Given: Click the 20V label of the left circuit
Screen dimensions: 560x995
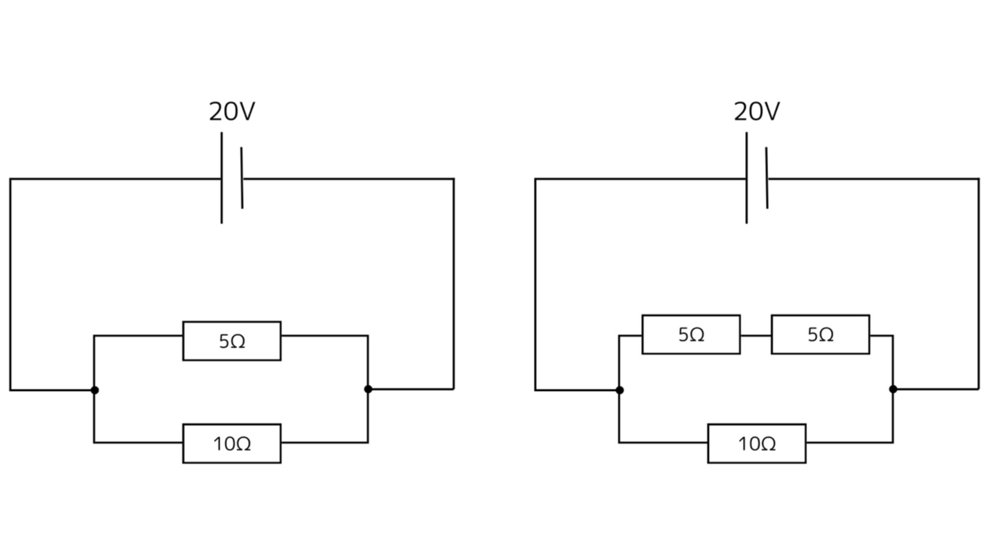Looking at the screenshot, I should tap(232, 112).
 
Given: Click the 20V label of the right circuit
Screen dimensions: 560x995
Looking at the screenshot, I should tap(757, 112).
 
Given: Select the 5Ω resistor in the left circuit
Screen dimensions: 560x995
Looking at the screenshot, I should tap(232, 341).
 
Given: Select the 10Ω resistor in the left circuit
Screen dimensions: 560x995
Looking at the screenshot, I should tap(232, 444).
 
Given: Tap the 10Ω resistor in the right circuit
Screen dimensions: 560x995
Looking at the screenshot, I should tap(757, 444).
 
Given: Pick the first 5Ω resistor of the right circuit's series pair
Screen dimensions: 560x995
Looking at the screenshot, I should tap(691, 335).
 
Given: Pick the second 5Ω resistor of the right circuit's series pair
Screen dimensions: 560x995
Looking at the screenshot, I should tap(820, 335).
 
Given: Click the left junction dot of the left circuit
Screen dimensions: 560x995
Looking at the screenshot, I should tap(94, 390).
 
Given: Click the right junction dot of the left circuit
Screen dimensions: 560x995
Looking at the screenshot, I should tap(368, 389).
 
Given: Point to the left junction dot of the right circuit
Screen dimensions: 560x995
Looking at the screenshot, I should tap(619, 390).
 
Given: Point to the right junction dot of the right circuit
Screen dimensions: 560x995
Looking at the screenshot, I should tap(893, 389).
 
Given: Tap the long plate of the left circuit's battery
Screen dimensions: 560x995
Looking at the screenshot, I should tap(222, 178).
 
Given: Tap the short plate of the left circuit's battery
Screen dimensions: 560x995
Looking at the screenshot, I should tap(242, 178).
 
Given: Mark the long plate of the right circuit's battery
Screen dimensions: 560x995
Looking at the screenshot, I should tap(746, 178).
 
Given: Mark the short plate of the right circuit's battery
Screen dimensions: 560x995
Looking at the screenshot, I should tap(767, 178).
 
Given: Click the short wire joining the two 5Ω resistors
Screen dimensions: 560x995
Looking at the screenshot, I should tap(756, 335).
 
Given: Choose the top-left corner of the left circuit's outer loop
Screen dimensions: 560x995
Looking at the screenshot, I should tap(10, 178).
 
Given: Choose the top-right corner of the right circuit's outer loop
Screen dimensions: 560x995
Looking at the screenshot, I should tap(978, 178).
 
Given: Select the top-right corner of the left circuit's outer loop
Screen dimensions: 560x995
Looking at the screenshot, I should tap(454, 178).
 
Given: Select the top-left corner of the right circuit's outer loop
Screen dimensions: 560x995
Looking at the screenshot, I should tap(535, 178).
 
